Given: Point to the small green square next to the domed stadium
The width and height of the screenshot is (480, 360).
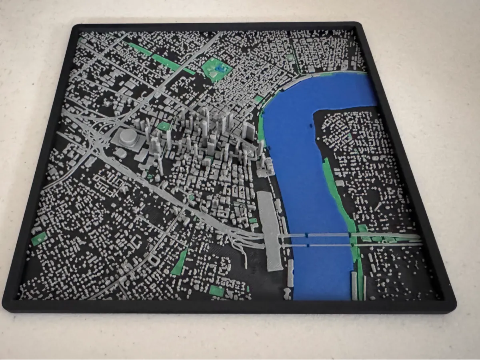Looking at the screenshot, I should click(x=164, y=127).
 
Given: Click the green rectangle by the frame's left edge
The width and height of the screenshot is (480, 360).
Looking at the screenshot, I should click(x=39, y=239).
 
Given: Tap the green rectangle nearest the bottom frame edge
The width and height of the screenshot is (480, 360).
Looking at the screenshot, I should click(x=216, y=291).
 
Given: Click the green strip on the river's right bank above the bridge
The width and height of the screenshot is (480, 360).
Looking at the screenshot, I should click(x=336, y=188).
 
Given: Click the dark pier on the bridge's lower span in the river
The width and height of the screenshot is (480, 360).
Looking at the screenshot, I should click(x=308, y=244).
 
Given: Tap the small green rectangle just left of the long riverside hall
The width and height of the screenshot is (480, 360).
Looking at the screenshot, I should click(x=252, y=220).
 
